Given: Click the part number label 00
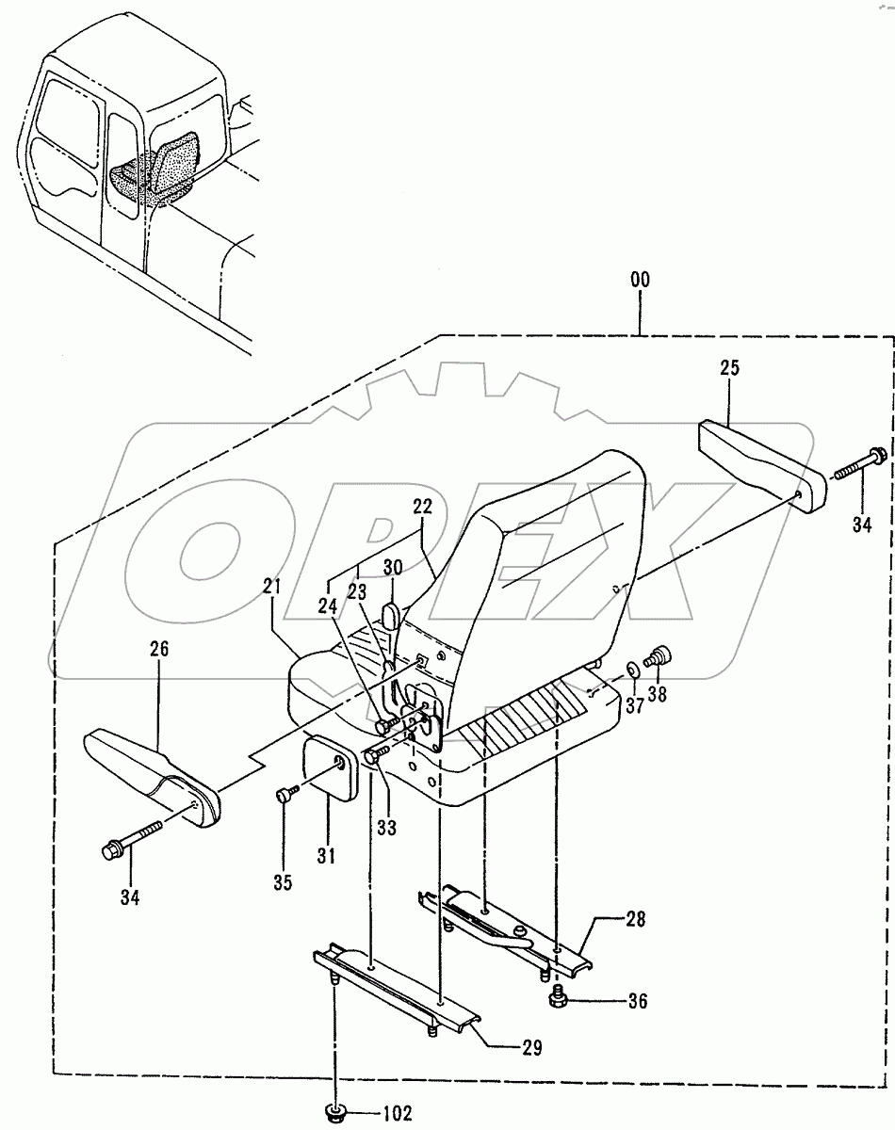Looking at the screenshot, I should [x=641, y=281].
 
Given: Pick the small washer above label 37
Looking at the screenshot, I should [x=632, y=670].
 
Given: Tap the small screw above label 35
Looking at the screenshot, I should [x=285, y=797].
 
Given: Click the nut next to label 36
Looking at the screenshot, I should [x=558, y=1001].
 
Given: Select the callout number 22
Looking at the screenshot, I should [x=421, y=506].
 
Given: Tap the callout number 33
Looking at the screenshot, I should [x=387, y=828].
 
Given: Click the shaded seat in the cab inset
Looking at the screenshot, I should [x=155, y=169].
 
